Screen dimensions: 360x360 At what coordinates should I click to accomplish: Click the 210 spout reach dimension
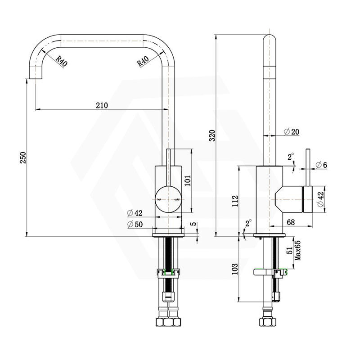click(102, 105)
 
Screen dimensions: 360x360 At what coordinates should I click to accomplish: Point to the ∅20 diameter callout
click(292, 131)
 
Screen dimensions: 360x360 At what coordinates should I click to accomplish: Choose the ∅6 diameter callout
click(321, 165)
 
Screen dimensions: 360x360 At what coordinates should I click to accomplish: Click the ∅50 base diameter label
click(135, 224)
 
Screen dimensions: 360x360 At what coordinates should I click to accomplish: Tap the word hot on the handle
click(159, 198)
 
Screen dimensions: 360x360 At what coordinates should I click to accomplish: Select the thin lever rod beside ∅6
click(308, 166)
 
